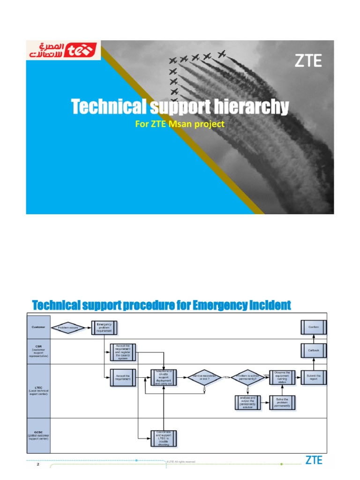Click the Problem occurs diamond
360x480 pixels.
(69, 328)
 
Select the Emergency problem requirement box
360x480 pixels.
(105, 327)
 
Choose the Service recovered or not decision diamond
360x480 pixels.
(204, 377)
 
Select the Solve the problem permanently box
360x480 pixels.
(284, 402)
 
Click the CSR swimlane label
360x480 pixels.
(38, 351)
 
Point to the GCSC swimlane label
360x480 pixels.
(38, 436)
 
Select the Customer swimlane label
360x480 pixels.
(38, 327)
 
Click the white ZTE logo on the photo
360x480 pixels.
(308, 61)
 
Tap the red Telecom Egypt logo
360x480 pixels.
(63, 51)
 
